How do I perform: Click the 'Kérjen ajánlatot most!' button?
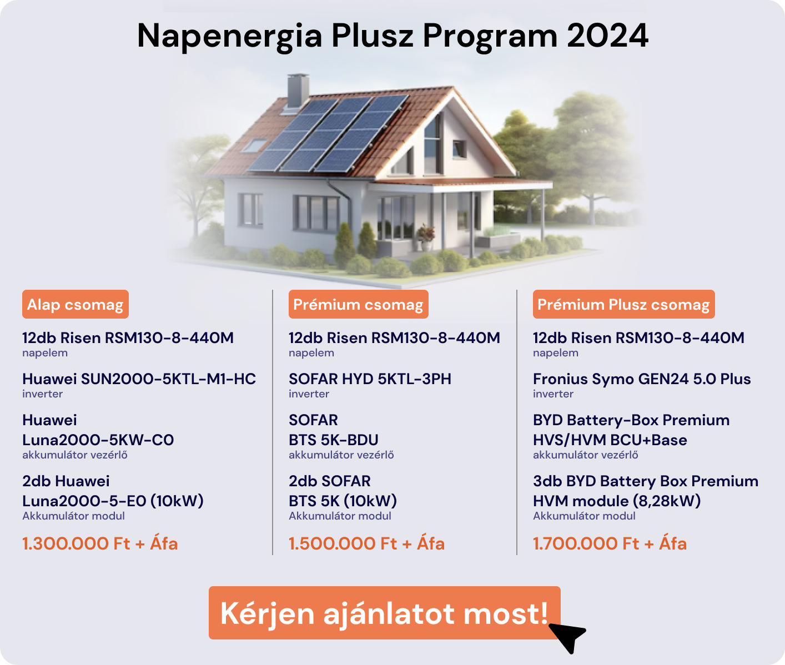[x=384, y=613]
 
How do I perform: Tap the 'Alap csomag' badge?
[x=76, y=304]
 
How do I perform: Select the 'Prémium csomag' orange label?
[x=358, y=304]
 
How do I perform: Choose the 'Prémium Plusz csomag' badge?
[x=623, y=304]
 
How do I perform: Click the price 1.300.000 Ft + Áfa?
[x=100, y=543]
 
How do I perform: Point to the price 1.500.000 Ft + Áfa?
[x=366, y=543]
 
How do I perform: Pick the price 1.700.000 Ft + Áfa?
[x=610, y=543]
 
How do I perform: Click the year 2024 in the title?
[x=608, y=36]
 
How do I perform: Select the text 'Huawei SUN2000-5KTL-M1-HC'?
[x=139, y=379]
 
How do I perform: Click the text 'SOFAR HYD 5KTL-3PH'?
[x=370, y=379]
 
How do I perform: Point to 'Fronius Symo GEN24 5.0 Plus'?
[x=642, y=379]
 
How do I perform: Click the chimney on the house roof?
[x=298, y=90]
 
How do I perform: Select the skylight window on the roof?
[x=254, y=145]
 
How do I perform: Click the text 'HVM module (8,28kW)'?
[x=617, y=501]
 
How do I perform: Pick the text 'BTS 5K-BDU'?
[x=334, y=440]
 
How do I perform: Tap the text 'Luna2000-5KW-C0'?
[x=98, y=440]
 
